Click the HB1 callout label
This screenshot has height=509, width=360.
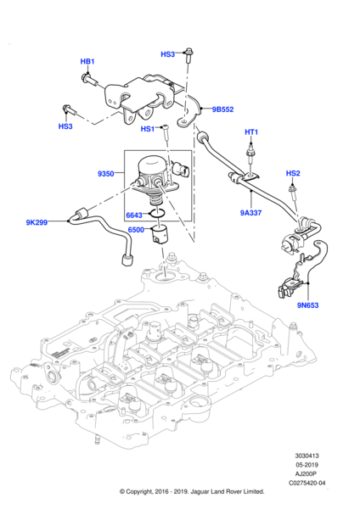(87, 61)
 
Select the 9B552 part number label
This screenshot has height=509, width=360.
(223, 109)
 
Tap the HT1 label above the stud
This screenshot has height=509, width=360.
(251, 132)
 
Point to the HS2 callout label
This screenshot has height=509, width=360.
(293, 173)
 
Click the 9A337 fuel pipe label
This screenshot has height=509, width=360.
(250, 213)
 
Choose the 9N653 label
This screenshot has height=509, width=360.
(307, 305)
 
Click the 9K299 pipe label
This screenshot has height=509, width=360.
(37, 222)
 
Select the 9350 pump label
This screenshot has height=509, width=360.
(106, 174)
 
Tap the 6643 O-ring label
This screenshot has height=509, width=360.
(134, 215)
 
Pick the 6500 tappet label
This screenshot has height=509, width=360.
(136, 230)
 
